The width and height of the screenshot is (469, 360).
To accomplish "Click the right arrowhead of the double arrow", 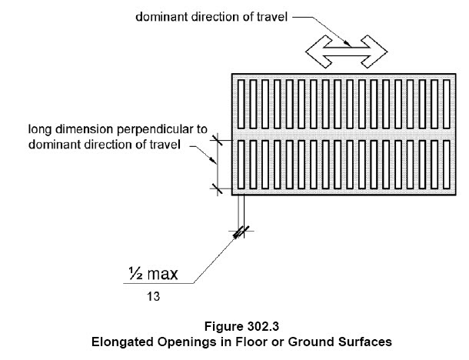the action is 374,52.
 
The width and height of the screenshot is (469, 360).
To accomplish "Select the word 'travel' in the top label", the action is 272,17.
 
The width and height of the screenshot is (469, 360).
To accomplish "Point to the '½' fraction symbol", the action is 136,274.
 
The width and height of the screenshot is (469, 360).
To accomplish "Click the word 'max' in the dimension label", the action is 163,275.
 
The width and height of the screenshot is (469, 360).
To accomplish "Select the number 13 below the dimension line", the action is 153,297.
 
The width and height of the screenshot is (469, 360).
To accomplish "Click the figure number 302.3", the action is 263,326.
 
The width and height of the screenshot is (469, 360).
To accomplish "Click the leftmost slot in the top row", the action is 241,104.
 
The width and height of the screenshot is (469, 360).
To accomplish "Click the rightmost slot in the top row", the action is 447,104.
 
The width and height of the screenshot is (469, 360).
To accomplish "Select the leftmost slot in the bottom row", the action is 241,165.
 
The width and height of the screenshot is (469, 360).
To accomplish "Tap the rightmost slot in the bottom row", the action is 447,165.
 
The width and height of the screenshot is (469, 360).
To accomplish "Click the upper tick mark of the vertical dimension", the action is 217,140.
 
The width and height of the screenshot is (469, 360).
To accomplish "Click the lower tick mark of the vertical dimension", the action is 217,188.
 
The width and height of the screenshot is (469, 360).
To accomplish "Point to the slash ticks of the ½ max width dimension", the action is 241,232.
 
